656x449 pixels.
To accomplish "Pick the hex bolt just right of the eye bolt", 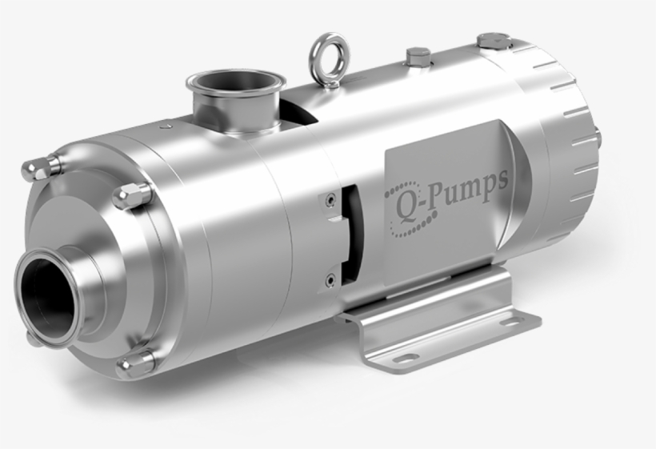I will click(418, 57).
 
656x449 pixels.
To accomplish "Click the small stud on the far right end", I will click(598, 138).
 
